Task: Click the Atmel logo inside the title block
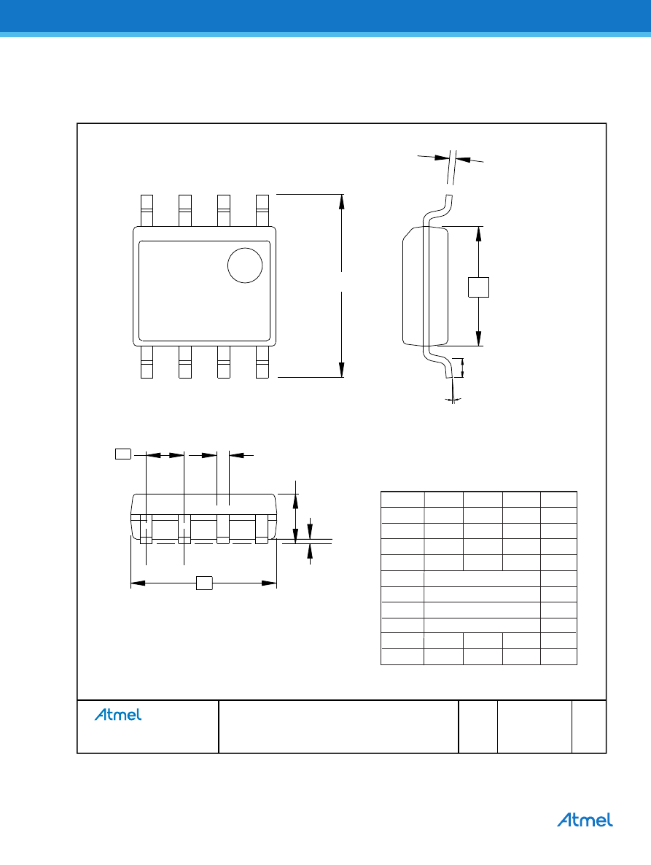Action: click(118, 715)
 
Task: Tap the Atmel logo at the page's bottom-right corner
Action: click(585, 820)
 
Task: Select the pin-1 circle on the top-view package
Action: click(245, 265)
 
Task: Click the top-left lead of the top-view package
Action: click(147, 210)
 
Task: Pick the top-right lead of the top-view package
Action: click(262, 210)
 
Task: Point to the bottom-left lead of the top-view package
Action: click(147, 362)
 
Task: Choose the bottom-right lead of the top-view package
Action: click(262, 362)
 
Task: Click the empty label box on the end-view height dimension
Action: click(478, 287)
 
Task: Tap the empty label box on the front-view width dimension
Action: click(205, 583)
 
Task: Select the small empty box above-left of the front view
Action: click(123, 454)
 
